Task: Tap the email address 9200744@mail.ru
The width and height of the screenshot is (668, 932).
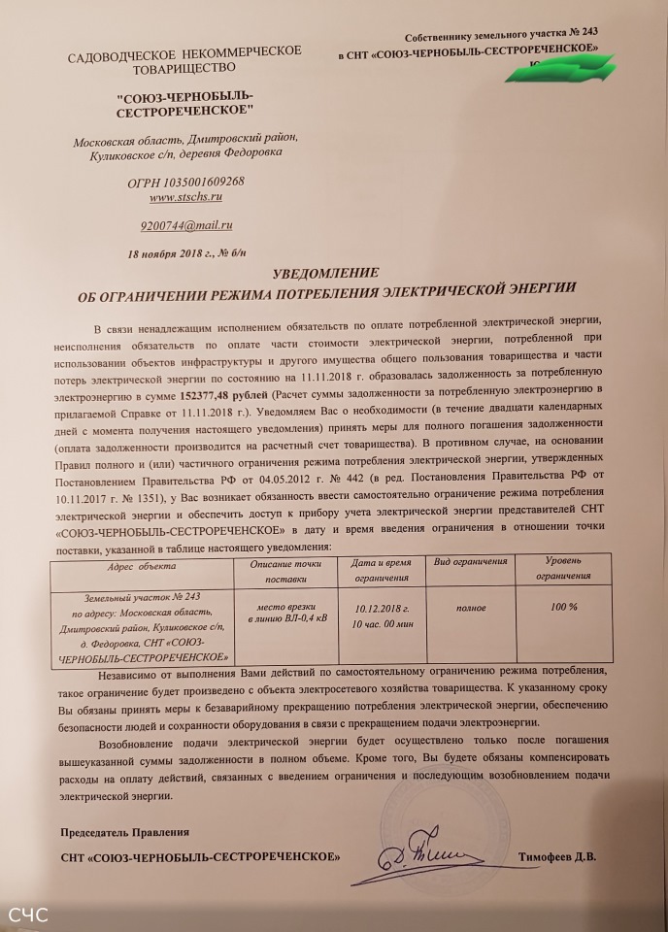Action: coord(185,225)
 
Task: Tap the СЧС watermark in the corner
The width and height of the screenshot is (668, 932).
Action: coord(29,915)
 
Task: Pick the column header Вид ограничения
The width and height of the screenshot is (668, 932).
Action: coord(470,563)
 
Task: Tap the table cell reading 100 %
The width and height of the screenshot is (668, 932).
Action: coord(563,605)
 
